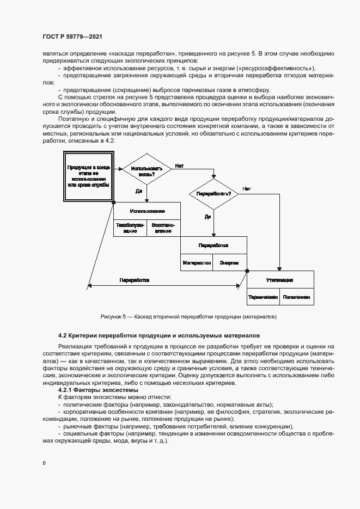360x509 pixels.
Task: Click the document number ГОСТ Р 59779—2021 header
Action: tap(72, 37)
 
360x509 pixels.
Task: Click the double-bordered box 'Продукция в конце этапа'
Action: tap(88, 175)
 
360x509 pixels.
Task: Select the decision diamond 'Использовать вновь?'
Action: tap(143, 170)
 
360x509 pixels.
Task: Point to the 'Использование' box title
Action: tap(147, 211)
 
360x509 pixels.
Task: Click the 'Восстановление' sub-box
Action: tap(163, 228)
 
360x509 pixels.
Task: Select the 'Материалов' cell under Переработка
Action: tap(197, 262)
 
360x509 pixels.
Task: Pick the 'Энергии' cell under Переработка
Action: tap(229, 262)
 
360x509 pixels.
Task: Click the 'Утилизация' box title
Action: tap(280, 280)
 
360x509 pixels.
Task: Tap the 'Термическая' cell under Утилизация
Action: tap(264, 297)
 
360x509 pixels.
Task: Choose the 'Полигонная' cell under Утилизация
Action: tap(297, 297)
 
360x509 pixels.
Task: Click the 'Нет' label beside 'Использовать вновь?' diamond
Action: tap(179, 165)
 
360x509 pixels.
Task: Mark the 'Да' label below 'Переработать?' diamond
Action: tap(208, 217)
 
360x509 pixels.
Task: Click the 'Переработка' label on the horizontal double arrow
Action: tap(135, 280)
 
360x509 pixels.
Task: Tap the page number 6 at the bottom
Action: tap(44, 463)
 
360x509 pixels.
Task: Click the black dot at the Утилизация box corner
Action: tap(247, 271)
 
